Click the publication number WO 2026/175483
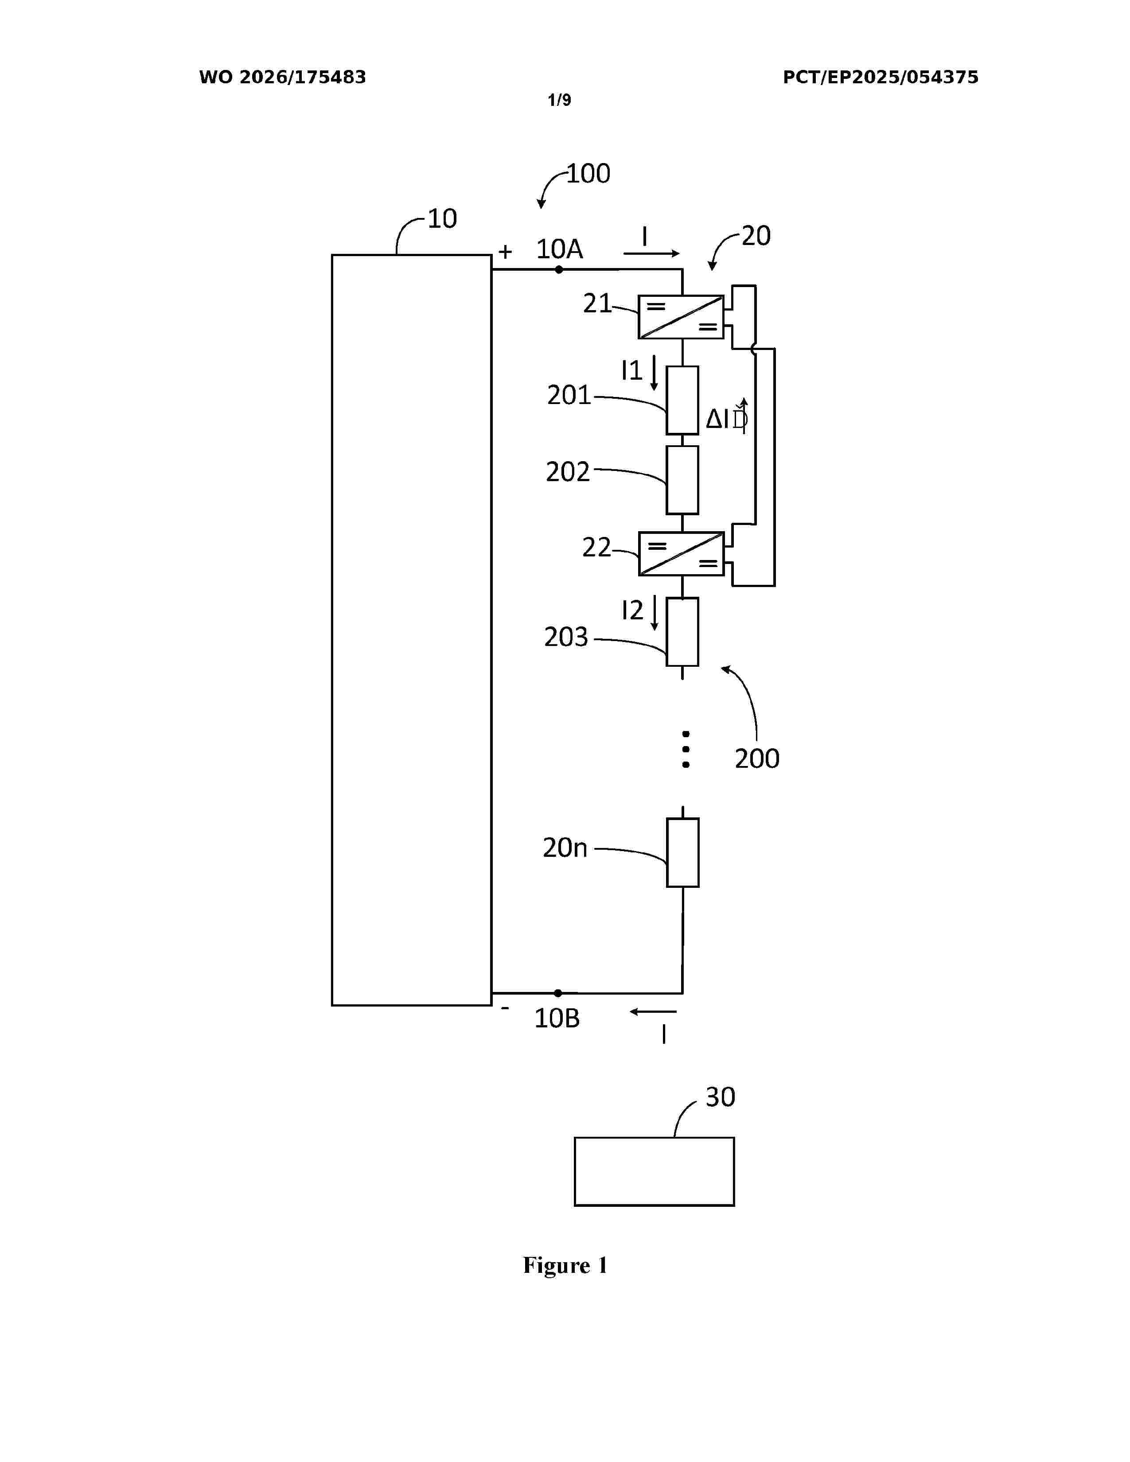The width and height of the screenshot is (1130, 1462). point(283,78)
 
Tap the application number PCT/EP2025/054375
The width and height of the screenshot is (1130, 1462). point(881,78)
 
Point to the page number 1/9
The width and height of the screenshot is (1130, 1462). point(560,101)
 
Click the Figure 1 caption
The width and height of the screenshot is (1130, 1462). point(565,1265)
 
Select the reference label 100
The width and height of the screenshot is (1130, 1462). point(588,173)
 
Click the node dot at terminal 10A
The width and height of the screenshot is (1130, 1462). point(559,270)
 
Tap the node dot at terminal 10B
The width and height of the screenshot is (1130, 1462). point(557,993)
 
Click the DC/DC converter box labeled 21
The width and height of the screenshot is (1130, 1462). point(681,317)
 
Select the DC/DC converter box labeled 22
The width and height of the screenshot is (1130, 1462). point(681,554)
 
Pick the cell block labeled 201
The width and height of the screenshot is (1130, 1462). point(682,400)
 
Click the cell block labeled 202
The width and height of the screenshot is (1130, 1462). point(682,480)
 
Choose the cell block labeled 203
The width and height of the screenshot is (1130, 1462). point(682,632)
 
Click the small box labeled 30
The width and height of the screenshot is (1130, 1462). point(654,1171)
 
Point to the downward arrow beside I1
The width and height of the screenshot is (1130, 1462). point(654,373)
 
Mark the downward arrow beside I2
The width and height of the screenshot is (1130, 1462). point(655,613)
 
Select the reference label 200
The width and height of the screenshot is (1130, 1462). point(757,758)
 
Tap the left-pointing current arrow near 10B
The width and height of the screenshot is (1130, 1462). point(653,1011)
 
